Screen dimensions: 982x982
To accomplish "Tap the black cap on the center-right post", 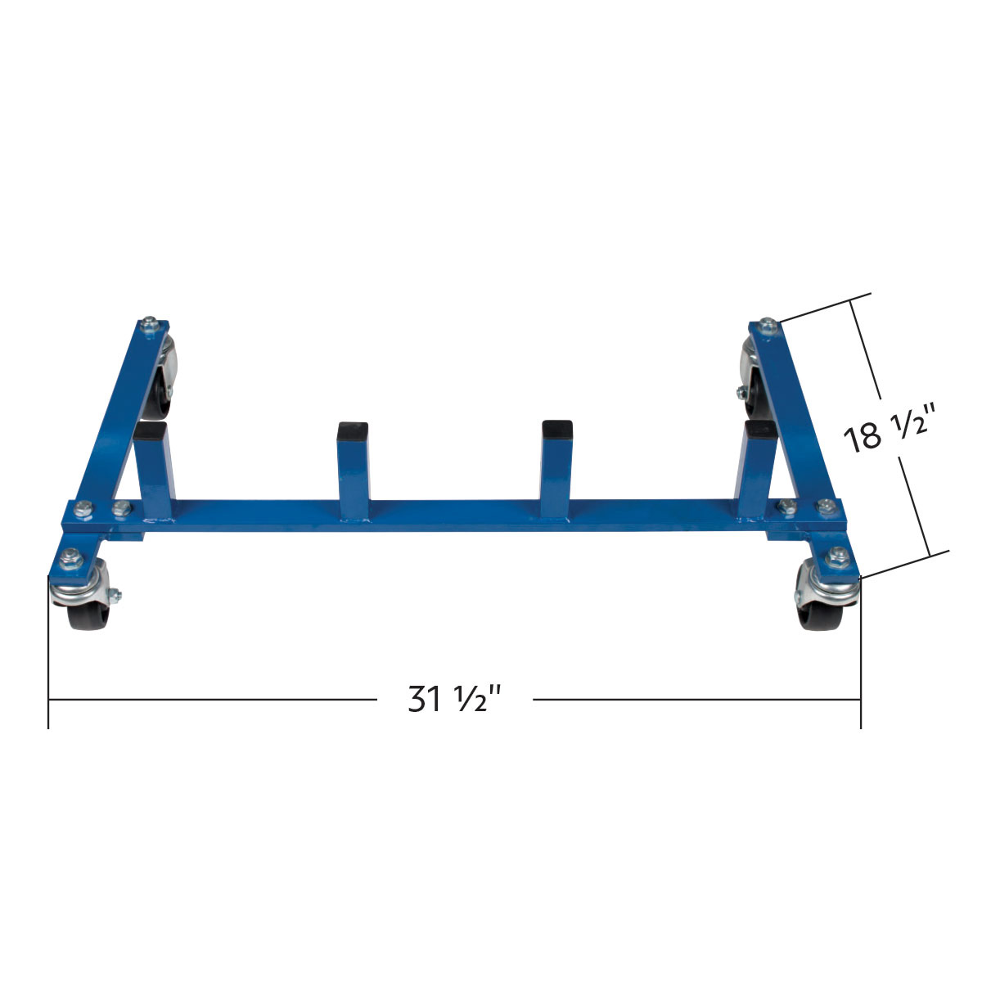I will (556, 428).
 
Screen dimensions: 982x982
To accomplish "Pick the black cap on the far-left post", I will (152, 430).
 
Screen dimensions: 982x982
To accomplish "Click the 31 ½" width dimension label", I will (454, 700).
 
